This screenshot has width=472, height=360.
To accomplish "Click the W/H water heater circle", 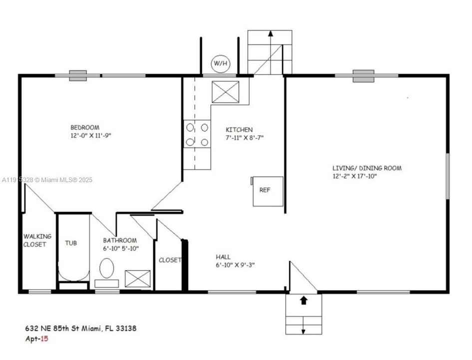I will tap(219, 63).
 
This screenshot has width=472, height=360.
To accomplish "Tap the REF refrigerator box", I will tap(268, 191).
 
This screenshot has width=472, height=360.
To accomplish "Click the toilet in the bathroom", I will tap(106, 268).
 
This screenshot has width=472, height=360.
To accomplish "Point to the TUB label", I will tap(71, 243).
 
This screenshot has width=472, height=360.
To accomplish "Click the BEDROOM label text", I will tap(84, 127).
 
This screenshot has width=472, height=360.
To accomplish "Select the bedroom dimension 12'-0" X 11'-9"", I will tap(90, 135).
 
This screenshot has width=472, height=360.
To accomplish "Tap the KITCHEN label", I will tap(239, 129).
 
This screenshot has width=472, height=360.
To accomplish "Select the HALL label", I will tap(223, 257).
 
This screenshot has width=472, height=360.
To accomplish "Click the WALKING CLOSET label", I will tap(35, 240).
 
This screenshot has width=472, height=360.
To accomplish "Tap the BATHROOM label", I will tap(120, 240).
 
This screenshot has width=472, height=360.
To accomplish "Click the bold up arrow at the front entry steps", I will tap(303, 300).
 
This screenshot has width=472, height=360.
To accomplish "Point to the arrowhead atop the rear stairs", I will tap(270, 34).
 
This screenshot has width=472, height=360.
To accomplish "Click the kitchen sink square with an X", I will tap(225, 92).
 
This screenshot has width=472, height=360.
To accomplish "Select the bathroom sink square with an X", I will tap(137, 278).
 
